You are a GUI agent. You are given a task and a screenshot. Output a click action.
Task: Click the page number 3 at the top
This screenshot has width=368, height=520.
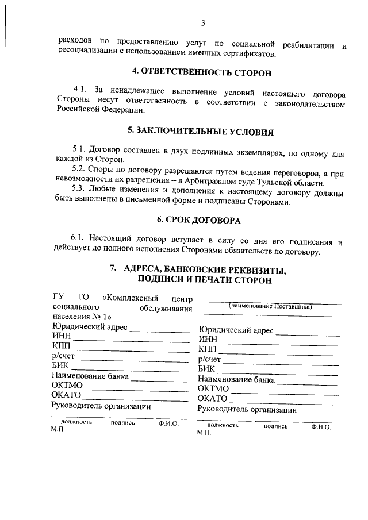(x=203, y=23)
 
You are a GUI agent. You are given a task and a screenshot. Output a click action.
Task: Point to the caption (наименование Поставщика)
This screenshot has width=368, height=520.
(x=270, y=306)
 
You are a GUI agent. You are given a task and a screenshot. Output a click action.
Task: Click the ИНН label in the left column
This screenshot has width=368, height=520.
(x=62, y=337)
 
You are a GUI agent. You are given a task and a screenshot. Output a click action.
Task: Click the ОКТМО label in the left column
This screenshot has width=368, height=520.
(x=67, y=385)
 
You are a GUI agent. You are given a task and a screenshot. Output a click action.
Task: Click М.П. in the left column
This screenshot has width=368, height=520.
(x=57, y=429)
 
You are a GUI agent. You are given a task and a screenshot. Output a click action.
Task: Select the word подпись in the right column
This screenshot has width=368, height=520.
(x=275, y=426)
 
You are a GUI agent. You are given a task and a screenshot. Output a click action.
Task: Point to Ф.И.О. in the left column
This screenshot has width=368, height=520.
(x=168, y=422)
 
